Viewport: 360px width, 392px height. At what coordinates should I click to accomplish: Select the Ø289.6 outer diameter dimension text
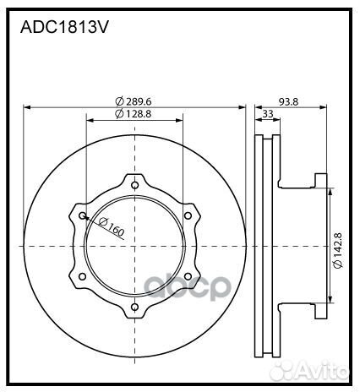pyautogui.click(x=134, y=101)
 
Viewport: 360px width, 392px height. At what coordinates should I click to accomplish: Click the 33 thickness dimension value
pyautogui.click(x=268, y=113)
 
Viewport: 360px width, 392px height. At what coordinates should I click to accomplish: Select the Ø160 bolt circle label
pyautogui.click(x=111, y=226)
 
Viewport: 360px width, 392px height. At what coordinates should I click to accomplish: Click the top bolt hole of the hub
pyautogui.click(x=135, y=183)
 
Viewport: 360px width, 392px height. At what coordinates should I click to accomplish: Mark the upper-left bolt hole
pyautogui.click(x=82, y=215)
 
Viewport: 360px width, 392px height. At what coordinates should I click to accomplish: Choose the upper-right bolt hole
pyautogui.click(x=188, y=215)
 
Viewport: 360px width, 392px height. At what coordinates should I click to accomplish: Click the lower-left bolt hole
pyautogui.click(x=82, y=276)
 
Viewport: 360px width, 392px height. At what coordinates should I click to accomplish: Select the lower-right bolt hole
pyautogui.click(x=188, y=276)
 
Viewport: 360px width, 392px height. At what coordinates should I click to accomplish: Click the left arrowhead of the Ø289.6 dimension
pyautogui.click(x=28, y=107)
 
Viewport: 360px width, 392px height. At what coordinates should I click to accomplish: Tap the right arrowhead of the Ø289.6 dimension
pyautogui.click(x=243, y=107)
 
